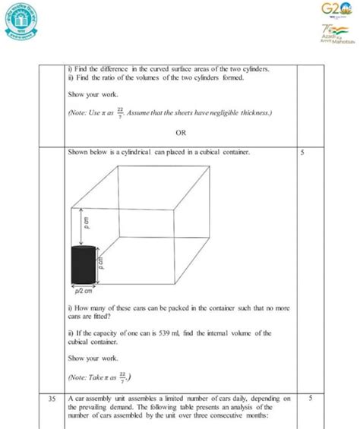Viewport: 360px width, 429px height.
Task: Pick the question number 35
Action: pos(51,396)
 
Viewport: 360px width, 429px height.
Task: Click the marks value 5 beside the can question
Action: pos(302,153)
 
